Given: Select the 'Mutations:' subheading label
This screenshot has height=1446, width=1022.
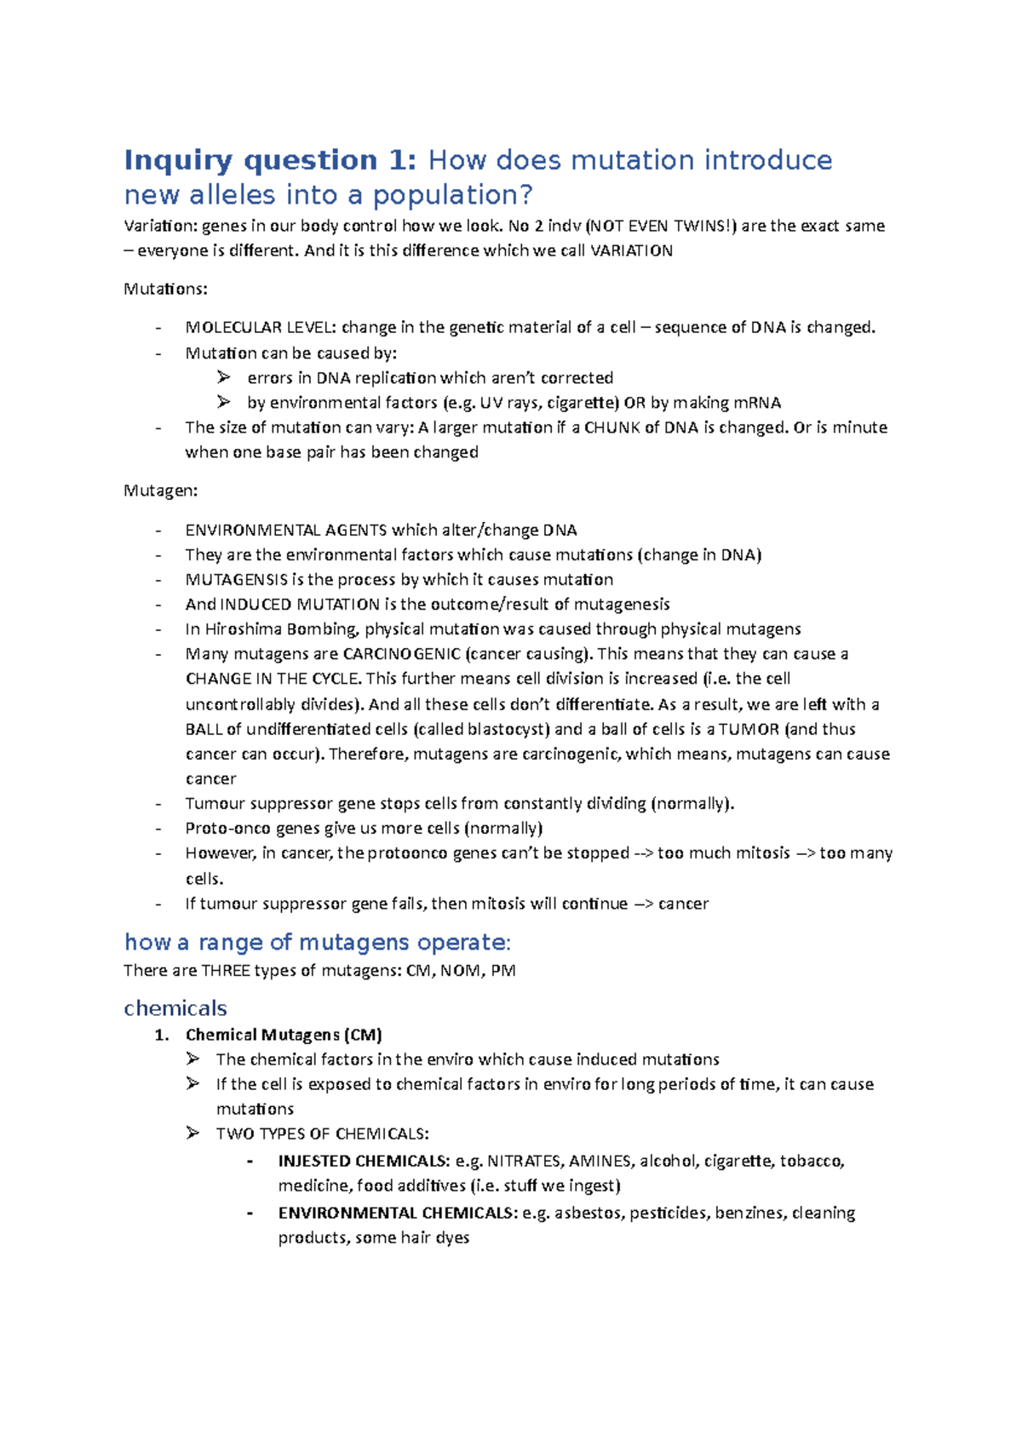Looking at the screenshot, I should tap(165, 289).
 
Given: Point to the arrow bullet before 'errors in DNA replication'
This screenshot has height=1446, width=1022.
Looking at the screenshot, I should tap(223, 377).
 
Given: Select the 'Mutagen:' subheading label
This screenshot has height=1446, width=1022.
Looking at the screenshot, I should tap(161, 491).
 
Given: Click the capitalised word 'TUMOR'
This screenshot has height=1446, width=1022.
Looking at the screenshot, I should tap(749, 729).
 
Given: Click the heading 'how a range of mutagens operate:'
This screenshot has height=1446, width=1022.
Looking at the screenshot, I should tap(317, 942).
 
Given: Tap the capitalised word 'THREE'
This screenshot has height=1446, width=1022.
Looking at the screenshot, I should tap(225, 971).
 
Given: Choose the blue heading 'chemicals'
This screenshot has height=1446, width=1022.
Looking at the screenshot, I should tap(175, 1008).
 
